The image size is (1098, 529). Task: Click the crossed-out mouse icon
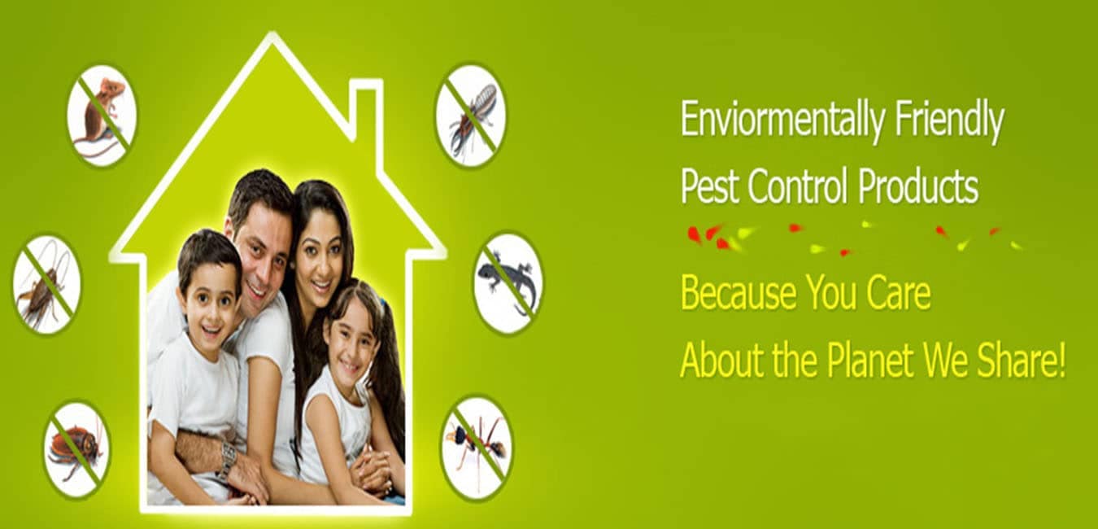pyautogui.click(x=102, y=116)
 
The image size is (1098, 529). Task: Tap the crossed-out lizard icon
pyautogui.click(x=508, y=283)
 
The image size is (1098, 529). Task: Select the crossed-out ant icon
pyautogui.click(x=477, y=448)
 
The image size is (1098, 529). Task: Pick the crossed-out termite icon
pyautogui.click(x=471, y=116)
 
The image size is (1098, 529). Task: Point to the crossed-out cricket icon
pyautogui.click(x=47, y=284)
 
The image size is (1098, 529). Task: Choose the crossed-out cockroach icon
pyautogui.click(x=77, y=450)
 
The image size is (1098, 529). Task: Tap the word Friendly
pyautogui.click(x=949, y=120)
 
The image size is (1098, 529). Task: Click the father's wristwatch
pyautogui.click(x=226, y=461)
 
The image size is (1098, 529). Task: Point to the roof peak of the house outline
pyautogui.click(x=272, y=34)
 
